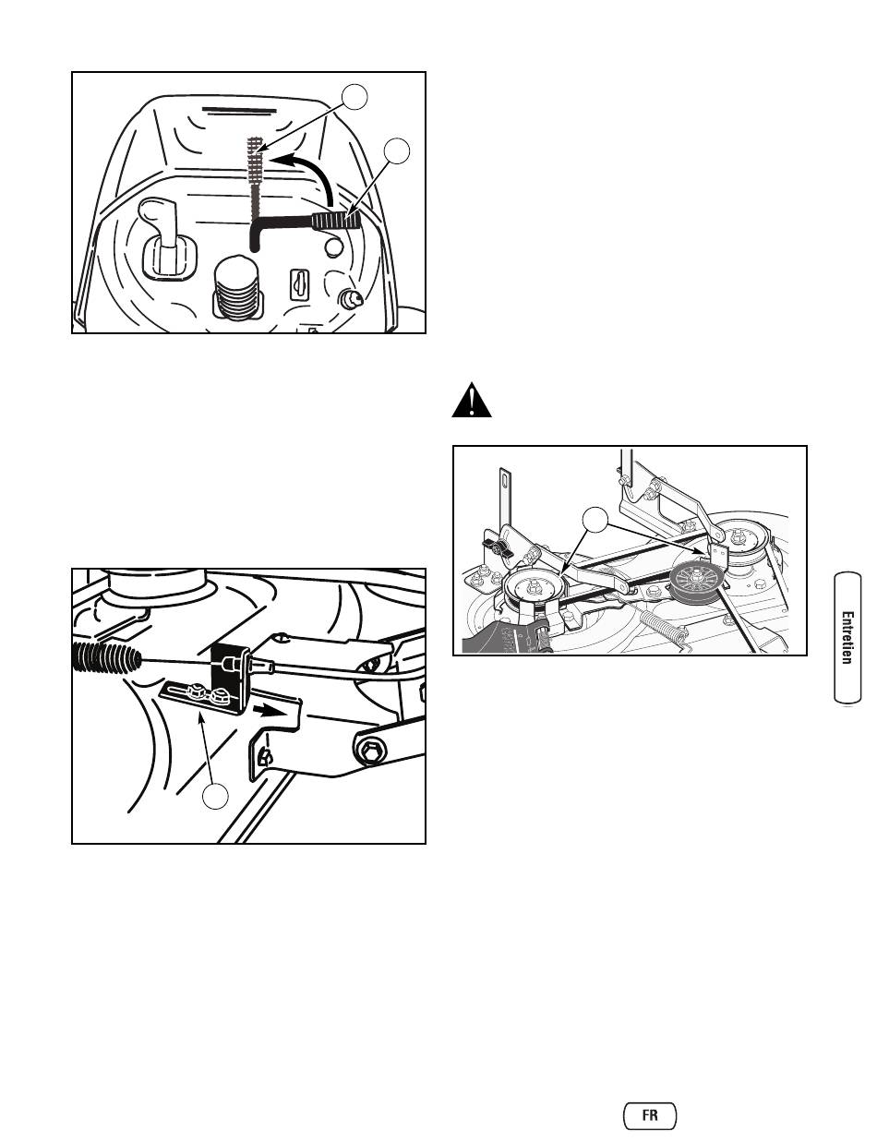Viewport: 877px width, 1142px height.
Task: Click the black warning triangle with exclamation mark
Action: coord(472,401)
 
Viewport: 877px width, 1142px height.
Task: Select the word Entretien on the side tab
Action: coord(847,638)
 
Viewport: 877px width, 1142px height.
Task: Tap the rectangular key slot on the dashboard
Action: coord(299,284)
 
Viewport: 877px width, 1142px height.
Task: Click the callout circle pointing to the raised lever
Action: coord(354,97)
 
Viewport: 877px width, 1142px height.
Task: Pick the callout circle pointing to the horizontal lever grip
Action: coord(396,150)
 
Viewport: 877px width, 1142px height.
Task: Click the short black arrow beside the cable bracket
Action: coord(265,711)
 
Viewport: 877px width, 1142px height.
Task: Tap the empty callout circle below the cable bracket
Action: coord(215,796)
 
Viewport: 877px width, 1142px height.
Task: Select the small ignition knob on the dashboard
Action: coord(350,299)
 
